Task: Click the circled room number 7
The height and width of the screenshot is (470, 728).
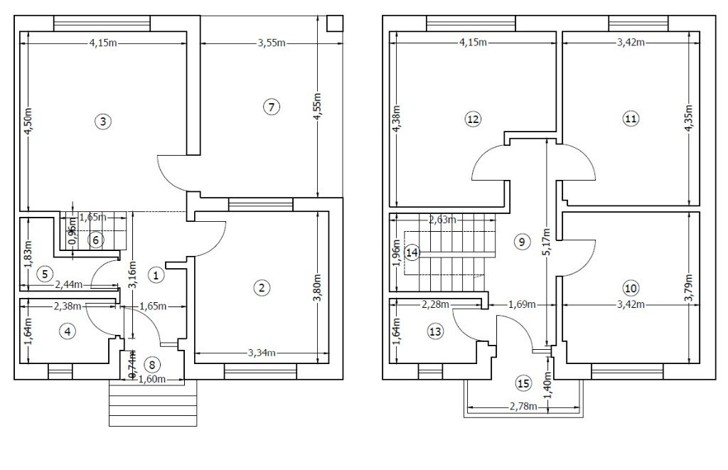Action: pyautogui.click(x=271, y=107)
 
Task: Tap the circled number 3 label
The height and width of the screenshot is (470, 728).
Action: pyautogui.click(x=103, y=122)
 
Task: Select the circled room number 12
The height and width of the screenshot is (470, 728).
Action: pyautogui.click(x=473, y=119)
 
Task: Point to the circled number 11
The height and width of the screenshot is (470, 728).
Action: pyautogui.click(x=631, y=119)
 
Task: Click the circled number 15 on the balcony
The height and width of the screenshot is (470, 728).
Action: pyautogui.click(x=523, y=384)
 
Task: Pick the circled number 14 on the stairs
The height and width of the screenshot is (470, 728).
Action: pyautogui.click(x=412, y=252)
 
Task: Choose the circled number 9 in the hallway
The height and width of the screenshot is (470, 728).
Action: pyautogui.click(x=522, y=242)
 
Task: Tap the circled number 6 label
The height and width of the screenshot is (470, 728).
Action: pyautogui.click(x=96, y=240)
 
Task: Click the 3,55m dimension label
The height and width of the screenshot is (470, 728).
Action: pyautogui.click(x=272, y=43)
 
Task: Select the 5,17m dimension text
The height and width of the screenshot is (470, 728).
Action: pyautogui.click(x=547, y=242)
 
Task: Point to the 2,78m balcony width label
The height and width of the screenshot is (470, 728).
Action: pyautogui.click(x=523, y=407)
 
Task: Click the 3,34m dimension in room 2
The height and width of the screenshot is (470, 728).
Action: pyautogui.click(x=262, y=353)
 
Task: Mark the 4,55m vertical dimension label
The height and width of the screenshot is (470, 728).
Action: pyautogui.click(x=317, y=107)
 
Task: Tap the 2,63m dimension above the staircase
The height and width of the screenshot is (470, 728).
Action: pyautogui.click(x=442, y=220)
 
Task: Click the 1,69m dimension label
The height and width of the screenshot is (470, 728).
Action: pyautogui.click(x=523, y=304)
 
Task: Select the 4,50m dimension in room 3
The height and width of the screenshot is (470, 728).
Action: pyautogui.click(x=28, y=122)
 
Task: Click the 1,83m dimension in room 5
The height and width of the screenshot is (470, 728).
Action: pyautogui.click(x=28, y=255)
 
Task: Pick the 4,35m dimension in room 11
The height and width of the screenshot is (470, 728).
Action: pyautogui.click(x=688, y=119)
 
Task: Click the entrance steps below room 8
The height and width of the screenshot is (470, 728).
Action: pyautogui.click(x=154, y=403)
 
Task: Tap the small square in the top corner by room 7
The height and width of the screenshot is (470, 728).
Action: pyautogui.click(x=334, y=23)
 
